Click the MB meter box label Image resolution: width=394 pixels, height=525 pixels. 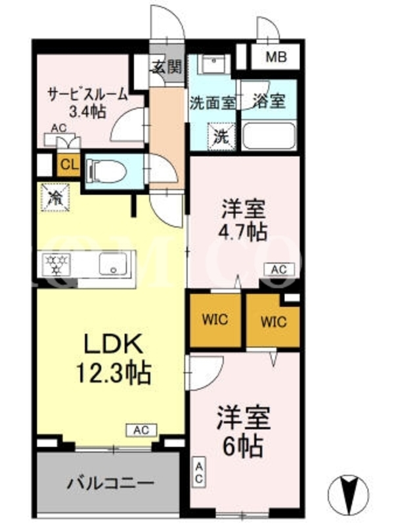[x=276, y=57]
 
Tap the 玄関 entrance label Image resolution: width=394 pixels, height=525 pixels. [x=167, y=68]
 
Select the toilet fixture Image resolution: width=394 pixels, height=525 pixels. [x=106, y=171]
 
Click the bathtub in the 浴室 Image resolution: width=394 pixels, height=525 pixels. [x=269, y=136]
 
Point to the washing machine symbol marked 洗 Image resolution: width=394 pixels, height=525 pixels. [x=221, y=136]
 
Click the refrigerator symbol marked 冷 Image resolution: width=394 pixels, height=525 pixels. [x=55, y=198]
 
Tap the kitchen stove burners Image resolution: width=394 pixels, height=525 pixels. [x=56, y=264]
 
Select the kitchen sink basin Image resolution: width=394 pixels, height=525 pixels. [x=113, y=264]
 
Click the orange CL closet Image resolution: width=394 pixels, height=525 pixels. [x=70, y=165]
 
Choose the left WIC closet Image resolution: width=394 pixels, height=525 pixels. [x=215, y=320]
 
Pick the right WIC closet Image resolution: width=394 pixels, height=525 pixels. [x=273, y=322]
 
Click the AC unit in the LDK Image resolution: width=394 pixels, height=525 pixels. [x=141, y=430]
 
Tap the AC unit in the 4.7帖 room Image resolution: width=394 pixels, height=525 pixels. [x=278, y=270]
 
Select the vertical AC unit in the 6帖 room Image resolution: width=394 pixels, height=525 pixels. [x=199, y=472]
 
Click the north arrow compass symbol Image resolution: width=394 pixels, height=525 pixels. [x=348, y=495]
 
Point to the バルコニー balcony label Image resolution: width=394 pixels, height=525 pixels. [x=110, y=483]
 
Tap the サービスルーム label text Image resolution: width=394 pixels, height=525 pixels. [x=88, y=94]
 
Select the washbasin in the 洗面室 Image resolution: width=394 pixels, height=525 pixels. [x=213, y=64]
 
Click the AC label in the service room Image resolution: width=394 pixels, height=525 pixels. [x=59, y=128]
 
